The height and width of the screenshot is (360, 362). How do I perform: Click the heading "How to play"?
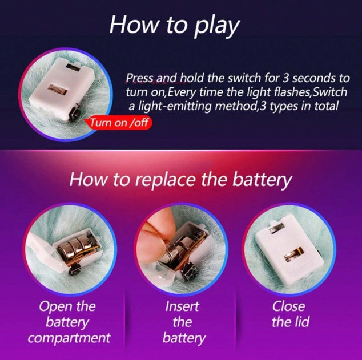pyautogui.click(x=175, y=25)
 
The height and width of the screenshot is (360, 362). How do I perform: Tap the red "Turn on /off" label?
pyautogui.click(x=118, y=123)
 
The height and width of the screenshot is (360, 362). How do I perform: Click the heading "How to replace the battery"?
pyautogui.click(x=180, y=180)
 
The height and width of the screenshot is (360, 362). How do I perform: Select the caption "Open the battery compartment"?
pyautogui.click(x=69, y=322)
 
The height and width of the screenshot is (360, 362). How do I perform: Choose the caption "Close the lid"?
pyautogui.click(x=290, y=314)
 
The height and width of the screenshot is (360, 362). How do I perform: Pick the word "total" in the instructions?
pyautogui.click(x=326, y=106)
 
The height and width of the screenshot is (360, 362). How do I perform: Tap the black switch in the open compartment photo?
pyautogui.click(x=74, y=269)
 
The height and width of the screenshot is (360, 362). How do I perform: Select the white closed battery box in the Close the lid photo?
pyautogui.click(x=288, y=250)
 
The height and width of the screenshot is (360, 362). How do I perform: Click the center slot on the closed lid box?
pyautogui.click(x=293, y=254)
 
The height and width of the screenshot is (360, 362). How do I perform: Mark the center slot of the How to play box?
pyautogui.click(x=57, y=90)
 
